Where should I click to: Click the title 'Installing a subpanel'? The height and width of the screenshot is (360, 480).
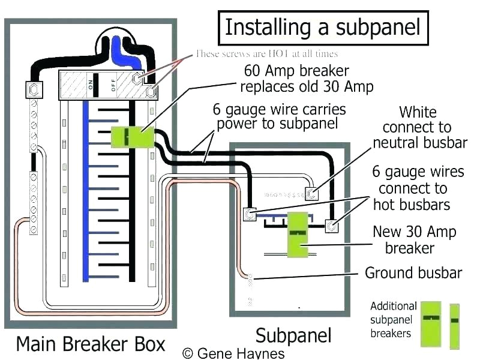pyautogui.click(x=322, y=27)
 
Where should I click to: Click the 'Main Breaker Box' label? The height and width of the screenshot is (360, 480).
pyautogui.click(x=90, y=344)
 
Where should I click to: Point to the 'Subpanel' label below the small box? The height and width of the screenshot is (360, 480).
pyautogui.click(x=293, y=334)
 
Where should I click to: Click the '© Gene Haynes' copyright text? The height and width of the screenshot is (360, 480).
pyautogui.click(x=233, y=353)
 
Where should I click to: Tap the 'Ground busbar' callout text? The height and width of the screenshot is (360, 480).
pyautogui.click(x=413, y=273)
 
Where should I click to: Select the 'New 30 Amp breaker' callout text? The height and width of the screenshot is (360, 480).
pyautogui.click(x=414, y=239)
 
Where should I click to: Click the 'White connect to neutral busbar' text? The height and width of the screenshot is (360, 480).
pyautogui.click(x=419, y=127)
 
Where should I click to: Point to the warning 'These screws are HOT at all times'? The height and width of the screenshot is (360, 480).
pyautogui.click(x=266, y=53)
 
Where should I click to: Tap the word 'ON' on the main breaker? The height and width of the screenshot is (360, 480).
pyautogui.click(x=92, y=86)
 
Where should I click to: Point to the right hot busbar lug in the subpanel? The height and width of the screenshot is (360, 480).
pyautogui.click(x=331, y=226)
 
